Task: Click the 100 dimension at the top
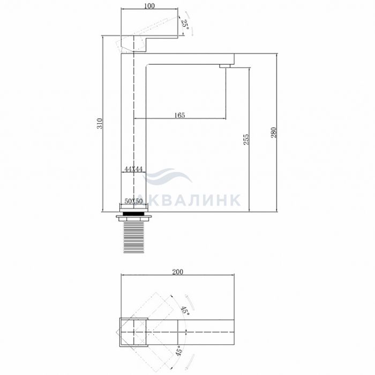pos(149,6)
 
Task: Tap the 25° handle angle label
pos(185,24)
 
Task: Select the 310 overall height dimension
pos(100,123)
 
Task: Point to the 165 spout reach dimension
pos(179,115)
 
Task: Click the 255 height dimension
pos(246,139)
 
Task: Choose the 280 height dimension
pos(274,132)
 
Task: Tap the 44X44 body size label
pos(133,169)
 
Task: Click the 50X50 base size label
pos(133,201)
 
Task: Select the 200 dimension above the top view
pos(178,272)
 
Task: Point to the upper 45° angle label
pos(185,311)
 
